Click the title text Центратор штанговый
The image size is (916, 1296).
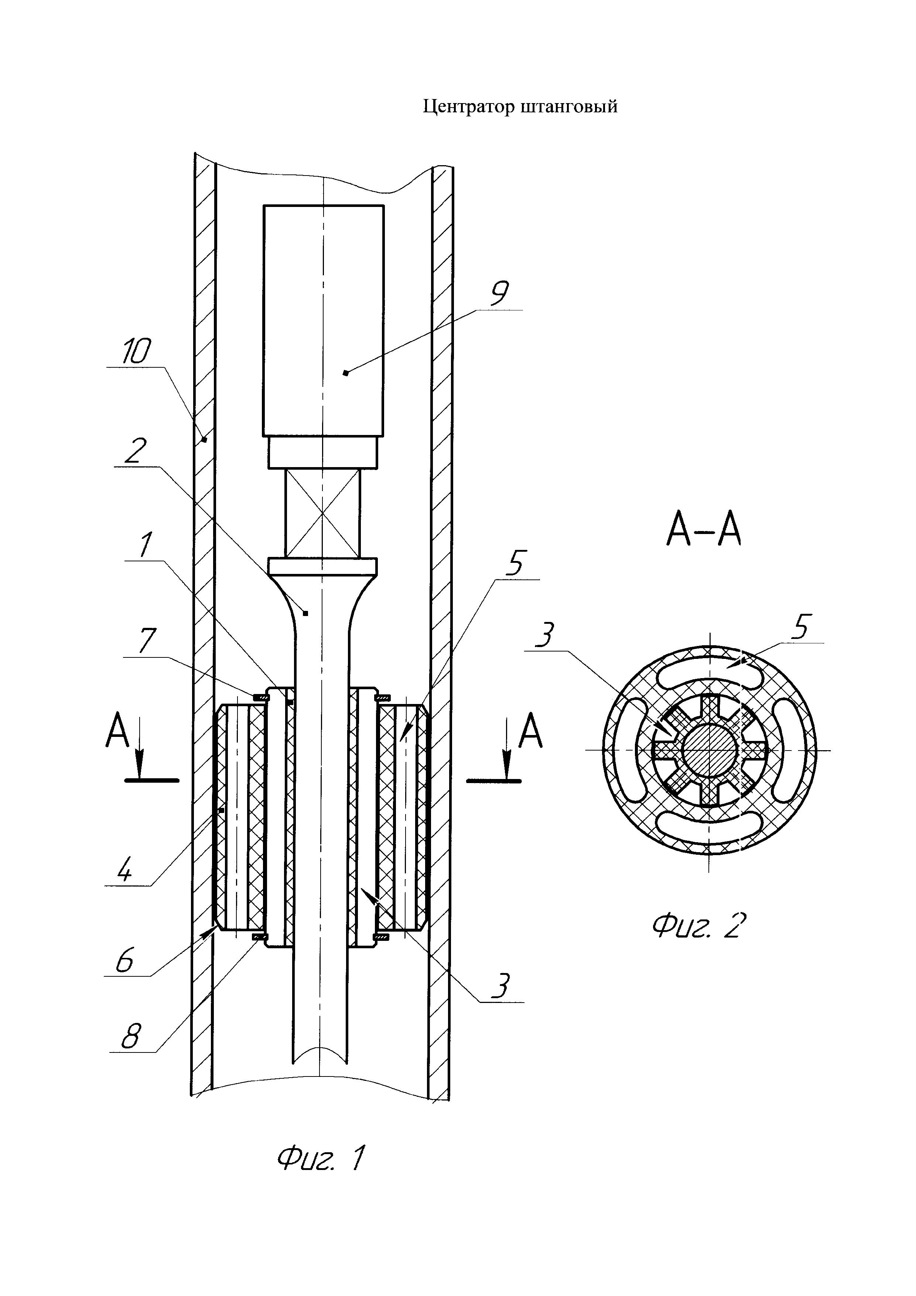tap(520, 107)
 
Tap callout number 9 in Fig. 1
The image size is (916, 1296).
tap(499, 293)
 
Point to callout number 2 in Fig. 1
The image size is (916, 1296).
tap(136, 451)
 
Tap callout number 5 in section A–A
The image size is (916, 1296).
tap(800, 627)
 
